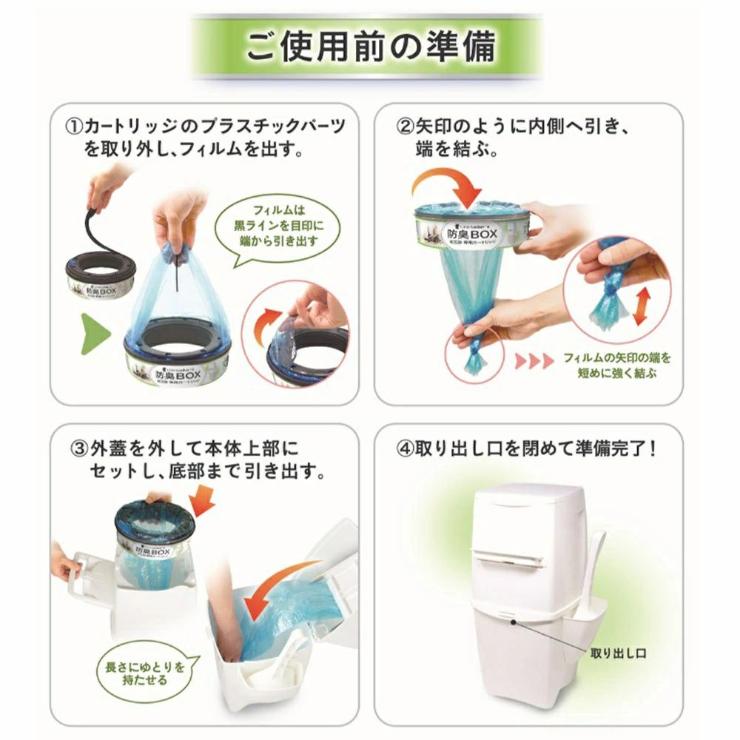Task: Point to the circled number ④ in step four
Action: tap(404, 449)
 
